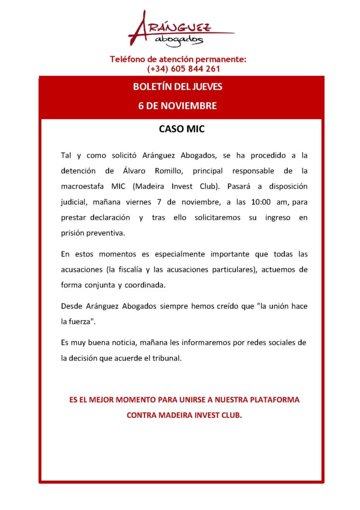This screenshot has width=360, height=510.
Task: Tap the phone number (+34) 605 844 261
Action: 184,69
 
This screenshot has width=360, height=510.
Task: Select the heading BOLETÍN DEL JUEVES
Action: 178,87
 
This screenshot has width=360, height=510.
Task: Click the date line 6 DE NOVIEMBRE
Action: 178,106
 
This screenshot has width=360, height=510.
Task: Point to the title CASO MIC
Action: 182,129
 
